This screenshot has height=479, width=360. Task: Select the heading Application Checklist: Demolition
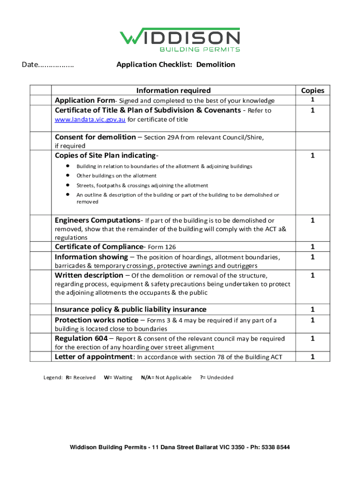(x=176, y=65)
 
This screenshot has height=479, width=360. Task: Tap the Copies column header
(x=312, y=90)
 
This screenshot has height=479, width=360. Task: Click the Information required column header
(x=173, y=90)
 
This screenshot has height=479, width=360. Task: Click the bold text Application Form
(x=85, y=101)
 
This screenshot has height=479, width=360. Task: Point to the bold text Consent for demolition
(x=95, y=137)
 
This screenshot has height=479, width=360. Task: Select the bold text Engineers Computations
(x=98, y=220)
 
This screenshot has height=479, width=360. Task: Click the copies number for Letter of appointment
(x=312, y=357)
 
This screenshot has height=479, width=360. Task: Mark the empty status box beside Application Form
(x=41, y=101)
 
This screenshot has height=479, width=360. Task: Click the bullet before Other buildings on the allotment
(x=68, y=175)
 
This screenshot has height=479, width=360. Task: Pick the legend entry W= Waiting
(x=118, y=377)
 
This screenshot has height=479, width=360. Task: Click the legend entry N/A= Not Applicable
(x=166, y=377)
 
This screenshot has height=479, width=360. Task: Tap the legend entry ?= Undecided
(x=216, y=377)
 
